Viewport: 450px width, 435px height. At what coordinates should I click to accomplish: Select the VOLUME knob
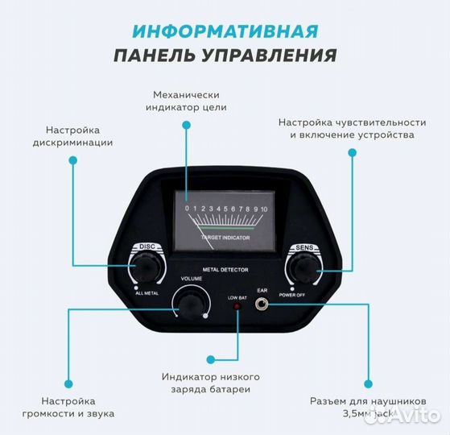(191, 303)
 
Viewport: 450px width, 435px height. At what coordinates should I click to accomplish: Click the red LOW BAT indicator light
(237, 307)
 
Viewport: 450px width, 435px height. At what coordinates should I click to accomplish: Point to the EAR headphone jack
(261, 304)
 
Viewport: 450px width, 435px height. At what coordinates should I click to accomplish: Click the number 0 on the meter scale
(187, 209)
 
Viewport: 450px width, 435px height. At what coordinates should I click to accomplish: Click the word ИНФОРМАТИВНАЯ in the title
(225, 32)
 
